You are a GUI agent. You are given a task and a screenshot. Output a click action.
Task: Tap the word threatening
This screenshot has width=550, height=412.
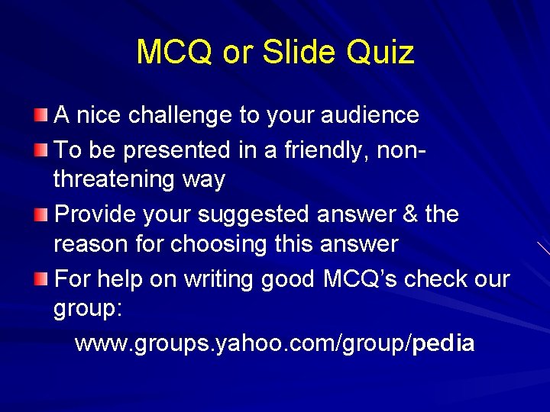pyautogui.click(x=114, y=180)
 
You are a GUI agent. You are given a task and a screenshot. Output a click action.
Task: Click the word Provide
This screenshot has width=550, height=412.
pyautogui.click(x=98, y=214)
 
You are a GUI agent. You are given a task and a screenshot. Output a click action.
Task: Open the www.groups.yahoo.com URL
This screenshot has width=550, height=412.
pyautogui.click(x=274, y=343)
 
